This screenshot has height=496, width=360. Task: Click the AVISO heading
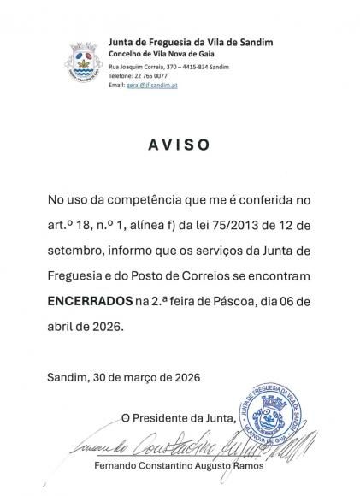180,145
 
